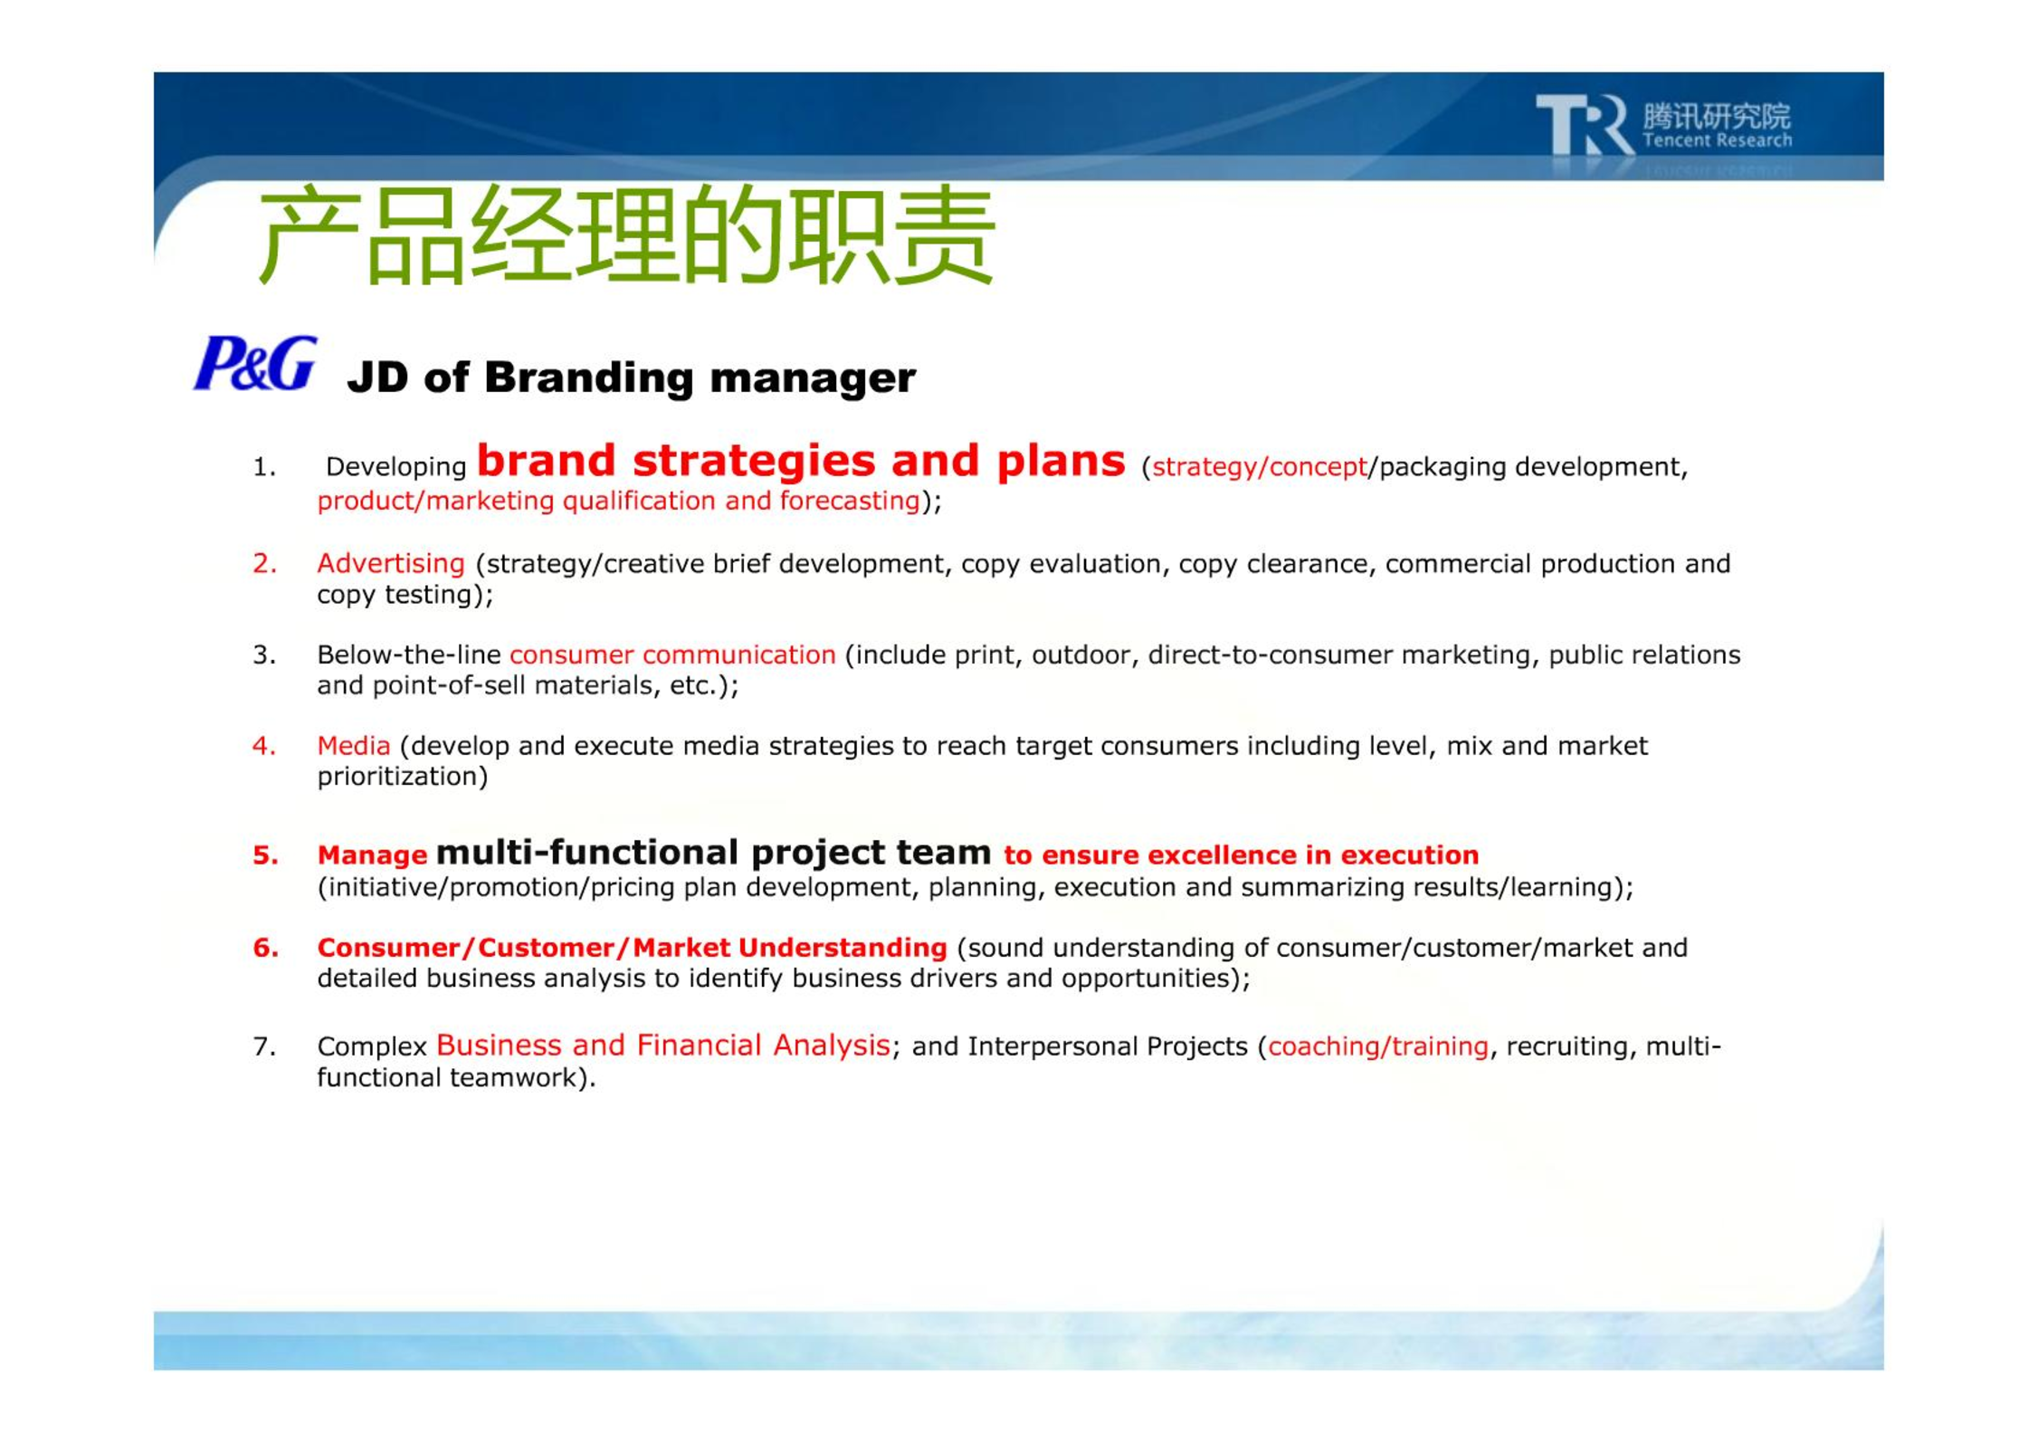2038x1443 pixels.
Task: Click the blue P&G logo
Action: (255, 364)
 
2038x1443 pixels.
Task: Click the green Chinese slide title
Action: (626, 234)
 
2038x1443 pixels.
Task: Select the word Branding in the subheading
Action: (589, 377)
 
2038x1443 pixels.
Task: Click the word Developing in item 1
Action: (395, 467)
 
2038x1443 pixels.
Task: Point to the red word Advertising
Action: (391, 563)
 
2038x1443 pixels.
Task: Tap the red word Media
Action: (354, 745)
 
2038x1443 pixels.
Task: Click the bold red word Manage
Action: (372, 855)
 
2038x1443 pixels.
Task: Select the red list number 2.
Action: (264, 563)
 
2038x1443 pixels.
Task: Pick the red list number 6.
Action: (265, 947)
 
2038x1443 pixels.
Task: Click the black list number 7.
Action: (264, 1046)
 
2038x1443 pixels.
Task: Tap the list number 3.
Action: (264, 655)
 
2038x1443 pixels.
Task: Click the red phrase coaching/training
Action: (1377, 1046)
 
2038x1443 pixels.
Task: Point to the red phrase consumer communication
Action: (672, 655)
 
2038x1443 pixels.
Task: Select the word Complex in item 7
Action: (372, 1046)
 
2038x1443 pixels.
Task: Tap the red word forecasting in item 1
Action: (850, 501)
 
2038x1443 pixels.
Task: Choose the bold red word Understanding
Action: (843, 948)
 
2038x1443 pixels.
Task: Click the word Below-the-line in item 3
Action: (408, 655)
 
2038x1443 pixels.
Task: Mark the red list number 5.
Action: (265, 855)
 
